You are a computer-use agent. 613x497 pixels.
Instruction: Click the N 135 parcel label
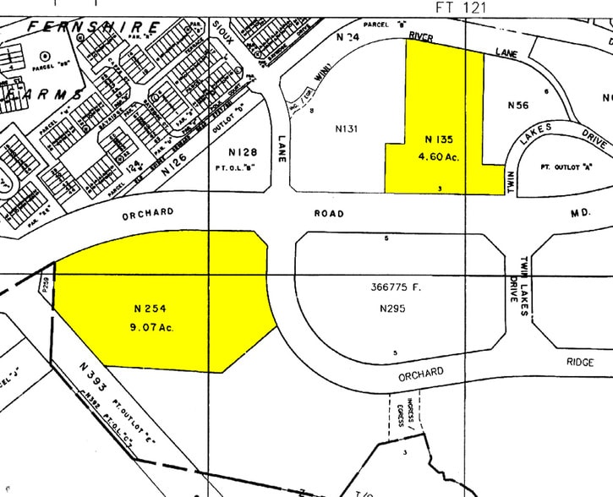click(x=441, y=139)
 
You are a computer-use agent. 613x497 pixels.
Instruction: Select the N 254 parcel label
click(x=152, y=309)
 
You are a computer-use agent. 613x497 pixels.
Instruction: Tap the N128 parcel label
click(x=243, y=151)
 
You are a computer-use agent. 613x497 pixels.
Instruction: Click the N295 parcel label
click(x=393, y=309)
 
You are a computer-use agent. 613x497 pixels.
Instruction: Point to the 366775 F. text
click(x=395, y=287)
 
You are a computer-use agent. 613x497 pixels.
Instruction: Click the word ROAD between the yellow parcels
click(x=329, y=214)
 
